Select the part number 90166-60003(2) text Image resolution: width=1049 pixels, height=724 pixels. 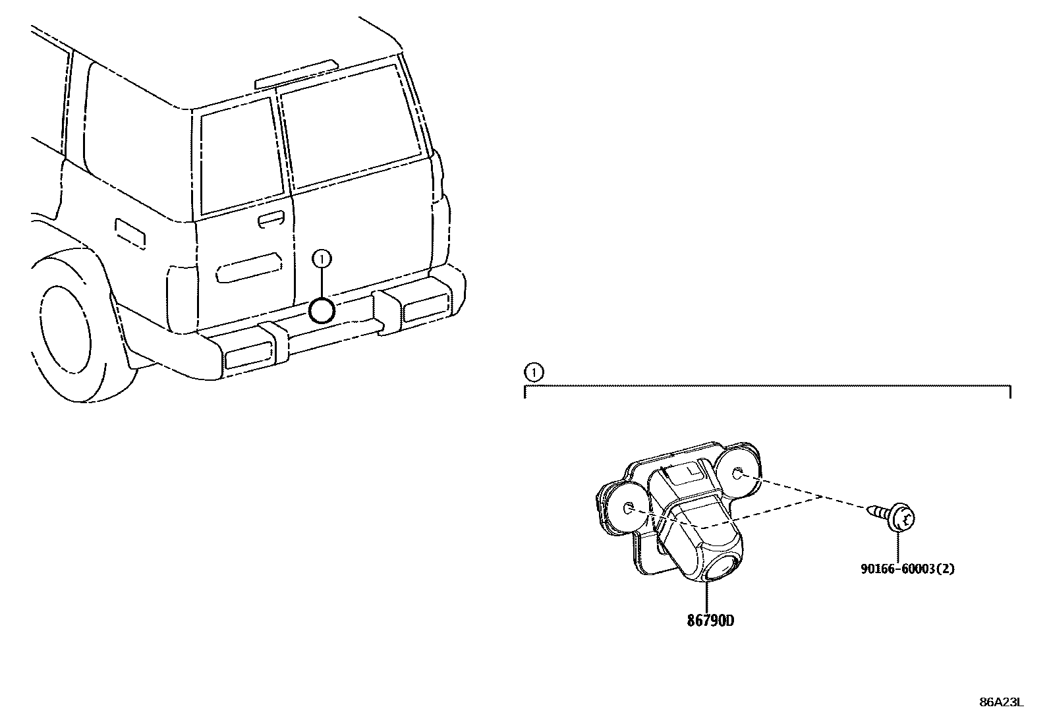907,569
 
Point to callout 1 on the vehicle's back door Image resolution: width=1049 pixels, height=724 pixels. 322,260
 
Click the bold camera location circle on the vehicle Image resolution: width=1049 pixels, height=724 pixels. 322,310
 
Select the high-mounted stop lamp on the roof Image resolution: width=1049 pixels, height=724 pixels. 297,74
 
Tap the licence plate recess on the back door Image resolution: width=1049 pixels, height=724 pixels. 249,267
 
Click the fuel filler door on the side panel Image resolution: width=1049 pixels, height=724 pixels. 130,233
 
